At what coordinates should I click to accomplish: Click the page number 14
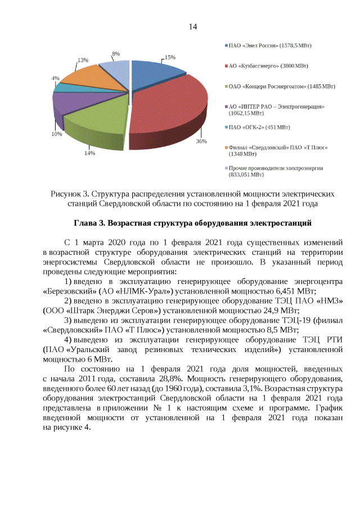click(192, 26)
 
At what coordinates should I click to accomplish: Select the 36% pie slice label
click(201, 142)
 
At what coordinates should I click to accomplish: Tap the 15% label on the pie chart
click(170, 57)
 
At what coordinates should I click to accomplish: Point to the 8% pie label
click(116, 54)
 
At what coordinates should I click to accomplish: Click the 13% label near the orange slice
click(83, 60)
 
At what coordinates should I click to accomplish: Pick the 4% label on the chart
click(56, 78)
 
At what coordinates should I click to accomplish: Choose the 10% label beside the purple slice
click(57, 134)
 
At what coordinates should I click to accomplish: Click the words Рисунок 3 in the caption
click(69, 193)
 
